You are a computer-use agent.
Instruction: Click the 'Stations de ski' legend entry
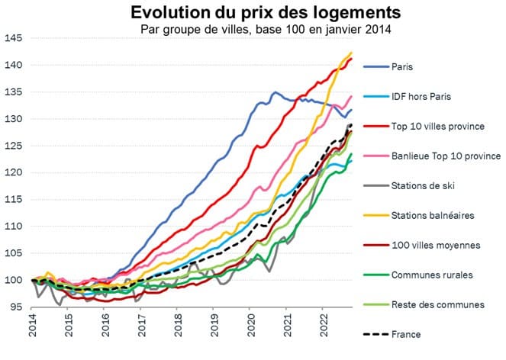click(421, 185)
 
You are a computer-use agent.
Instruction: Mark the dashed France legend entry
click(404, 334)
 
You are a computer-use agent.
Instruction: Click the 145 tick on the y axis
click(14, 38)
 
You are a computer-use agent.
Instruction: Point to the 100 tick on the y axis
click(14, 280)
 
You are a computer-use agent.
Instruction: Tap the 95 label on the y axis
click(16, 307)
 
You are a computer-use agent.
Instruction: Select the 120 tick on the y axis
click(14, 172)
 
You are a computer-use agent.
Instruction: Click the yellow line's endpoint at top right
click(351, 53)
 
